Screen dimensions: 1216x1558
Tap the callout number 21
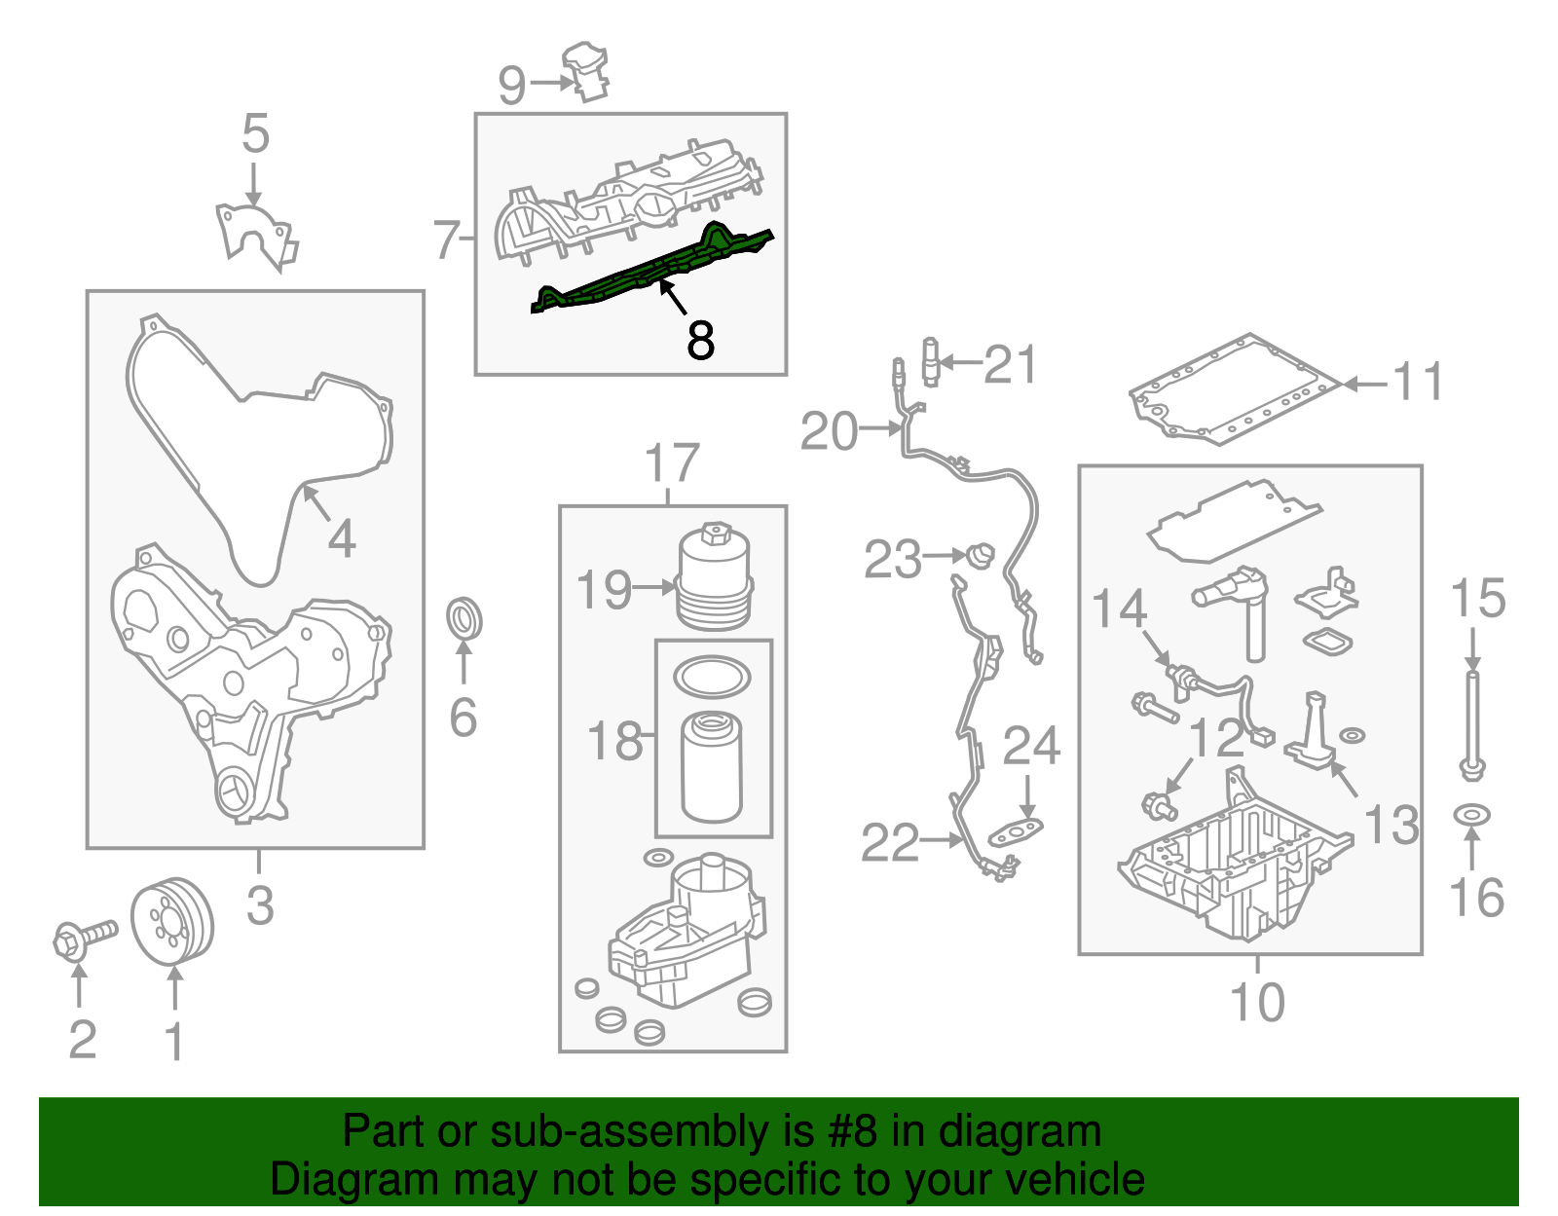[x=1011, y=365]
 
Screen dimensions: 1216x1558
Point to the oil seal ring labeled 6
[x=464, y=619]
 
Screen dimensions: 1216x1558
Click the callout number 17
[x=672, y=463]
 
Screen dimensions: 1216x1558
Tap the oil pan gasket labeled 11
[x=1227, y=389]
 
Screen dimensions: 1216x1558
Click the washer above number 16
[x=1472, y=813]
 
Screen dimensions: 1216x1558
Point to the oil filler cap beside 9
[x=587, y=70]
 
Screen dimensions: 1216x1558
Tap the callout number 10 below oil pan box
[x=1257, y=1002]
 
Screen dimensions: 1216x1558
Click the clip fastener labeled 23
[x=982, y=556]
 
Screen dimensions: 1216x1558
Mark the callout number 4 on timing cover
[x=342, y=538]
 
